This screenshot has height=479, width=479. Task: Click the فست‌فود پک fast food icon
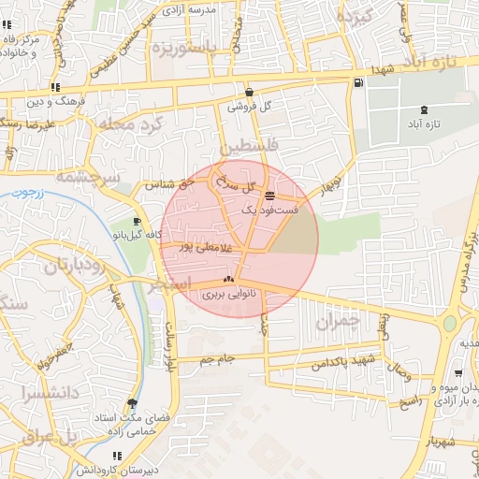(x=269, y=196)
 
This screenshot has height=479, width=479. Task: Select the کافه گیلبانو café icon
(x=138, y=222)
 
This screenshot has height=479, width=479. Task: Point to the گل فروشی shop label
(x=250, y=107)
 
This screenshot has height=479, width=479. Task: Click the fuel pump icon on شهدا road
(x=359, y=83)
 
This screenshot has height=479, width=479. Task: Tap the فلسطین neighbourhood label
(x=247, y=148)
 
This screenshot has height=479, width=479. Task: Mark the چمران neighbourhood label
(x=338, y=324)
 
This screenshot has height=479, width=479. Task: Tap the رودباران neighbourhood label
(x=84, y=264)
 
